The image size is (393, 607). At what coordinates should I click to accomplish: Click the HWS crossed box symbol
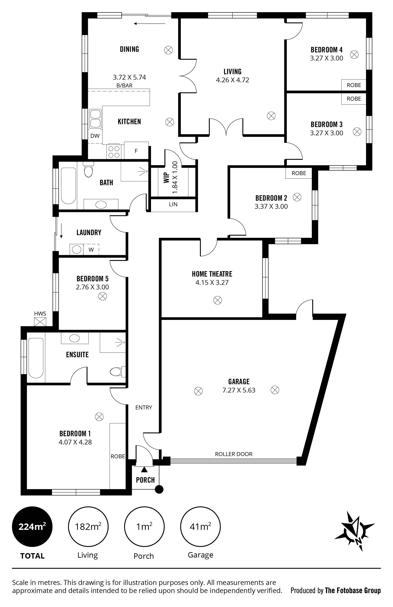40,322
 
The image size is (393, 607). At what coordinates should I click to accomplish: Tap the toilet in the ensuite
118,371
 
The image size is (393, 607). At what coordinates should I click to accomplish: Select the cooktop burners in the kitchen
114,152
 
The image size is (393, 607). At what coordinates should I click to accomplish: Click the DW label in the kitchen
95,136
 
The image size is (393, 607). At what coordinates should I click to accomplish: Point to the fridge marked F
136,151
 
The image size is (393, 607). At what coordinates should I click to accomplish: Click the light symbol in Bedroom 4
354,54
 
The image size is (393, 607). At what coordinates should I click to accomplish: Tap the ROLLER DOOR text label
234,454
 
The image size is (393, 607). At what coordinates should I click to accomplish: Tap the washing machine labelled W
91,249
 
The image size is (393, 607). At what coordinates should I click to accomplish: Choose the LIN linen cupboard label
173,204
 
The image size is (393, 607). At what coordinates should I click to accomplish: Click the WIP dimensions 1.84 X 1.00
175,177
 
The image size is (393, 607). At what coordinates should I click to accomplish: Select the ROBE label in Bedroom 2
299,173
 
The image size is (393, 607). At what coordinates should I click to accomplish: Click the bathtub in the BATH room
69,186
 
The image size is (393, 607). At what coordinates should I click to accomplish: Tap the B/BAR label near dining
124,86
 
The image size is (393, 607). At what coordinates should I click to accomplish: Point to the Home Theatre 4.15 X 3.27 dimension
212,283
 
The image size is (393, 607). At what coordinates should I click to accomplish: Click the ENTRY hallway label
144,408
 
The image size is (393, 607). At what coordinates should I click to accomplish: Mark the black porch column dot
159,489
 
